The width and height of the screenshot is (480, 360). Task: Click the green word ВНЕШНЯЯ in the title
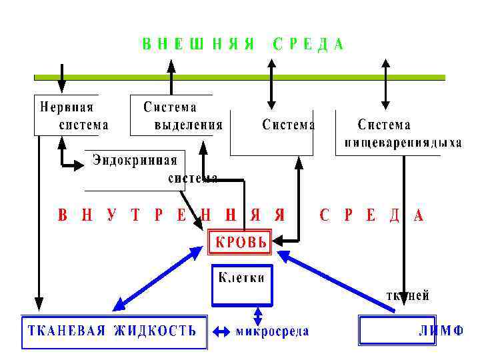click(198, 45)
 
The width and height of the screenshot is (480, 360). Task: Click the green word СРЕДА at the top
click(308, 45)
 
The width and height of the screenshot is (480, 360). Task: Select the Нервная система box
click(67, 115)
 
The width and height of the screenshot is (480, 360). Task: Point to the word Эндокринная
click(135, 160)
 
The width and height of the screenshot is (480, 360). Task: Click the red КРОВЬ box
click(240, 243)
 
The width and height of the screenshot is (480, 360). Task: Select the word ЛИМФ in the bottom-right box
click(441, 331)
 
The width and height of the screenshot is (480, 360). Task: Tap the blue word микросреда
click(272, 331)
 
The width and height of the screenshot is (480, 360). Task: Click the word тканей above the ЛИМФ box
click(407, 295)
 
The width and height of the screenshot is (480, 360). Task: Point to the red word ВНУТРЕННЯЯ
click(171, 215)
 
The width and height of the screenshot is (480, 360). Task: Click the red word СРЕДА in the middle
click(371, 215)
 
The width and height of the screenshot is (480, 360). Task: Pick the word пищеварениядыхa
click(403, 143)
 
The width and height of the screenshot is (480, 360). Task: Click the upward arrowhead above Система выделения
click(171, 65)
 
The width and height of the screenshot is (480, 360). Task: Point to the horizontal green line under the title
click(240, 77)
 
